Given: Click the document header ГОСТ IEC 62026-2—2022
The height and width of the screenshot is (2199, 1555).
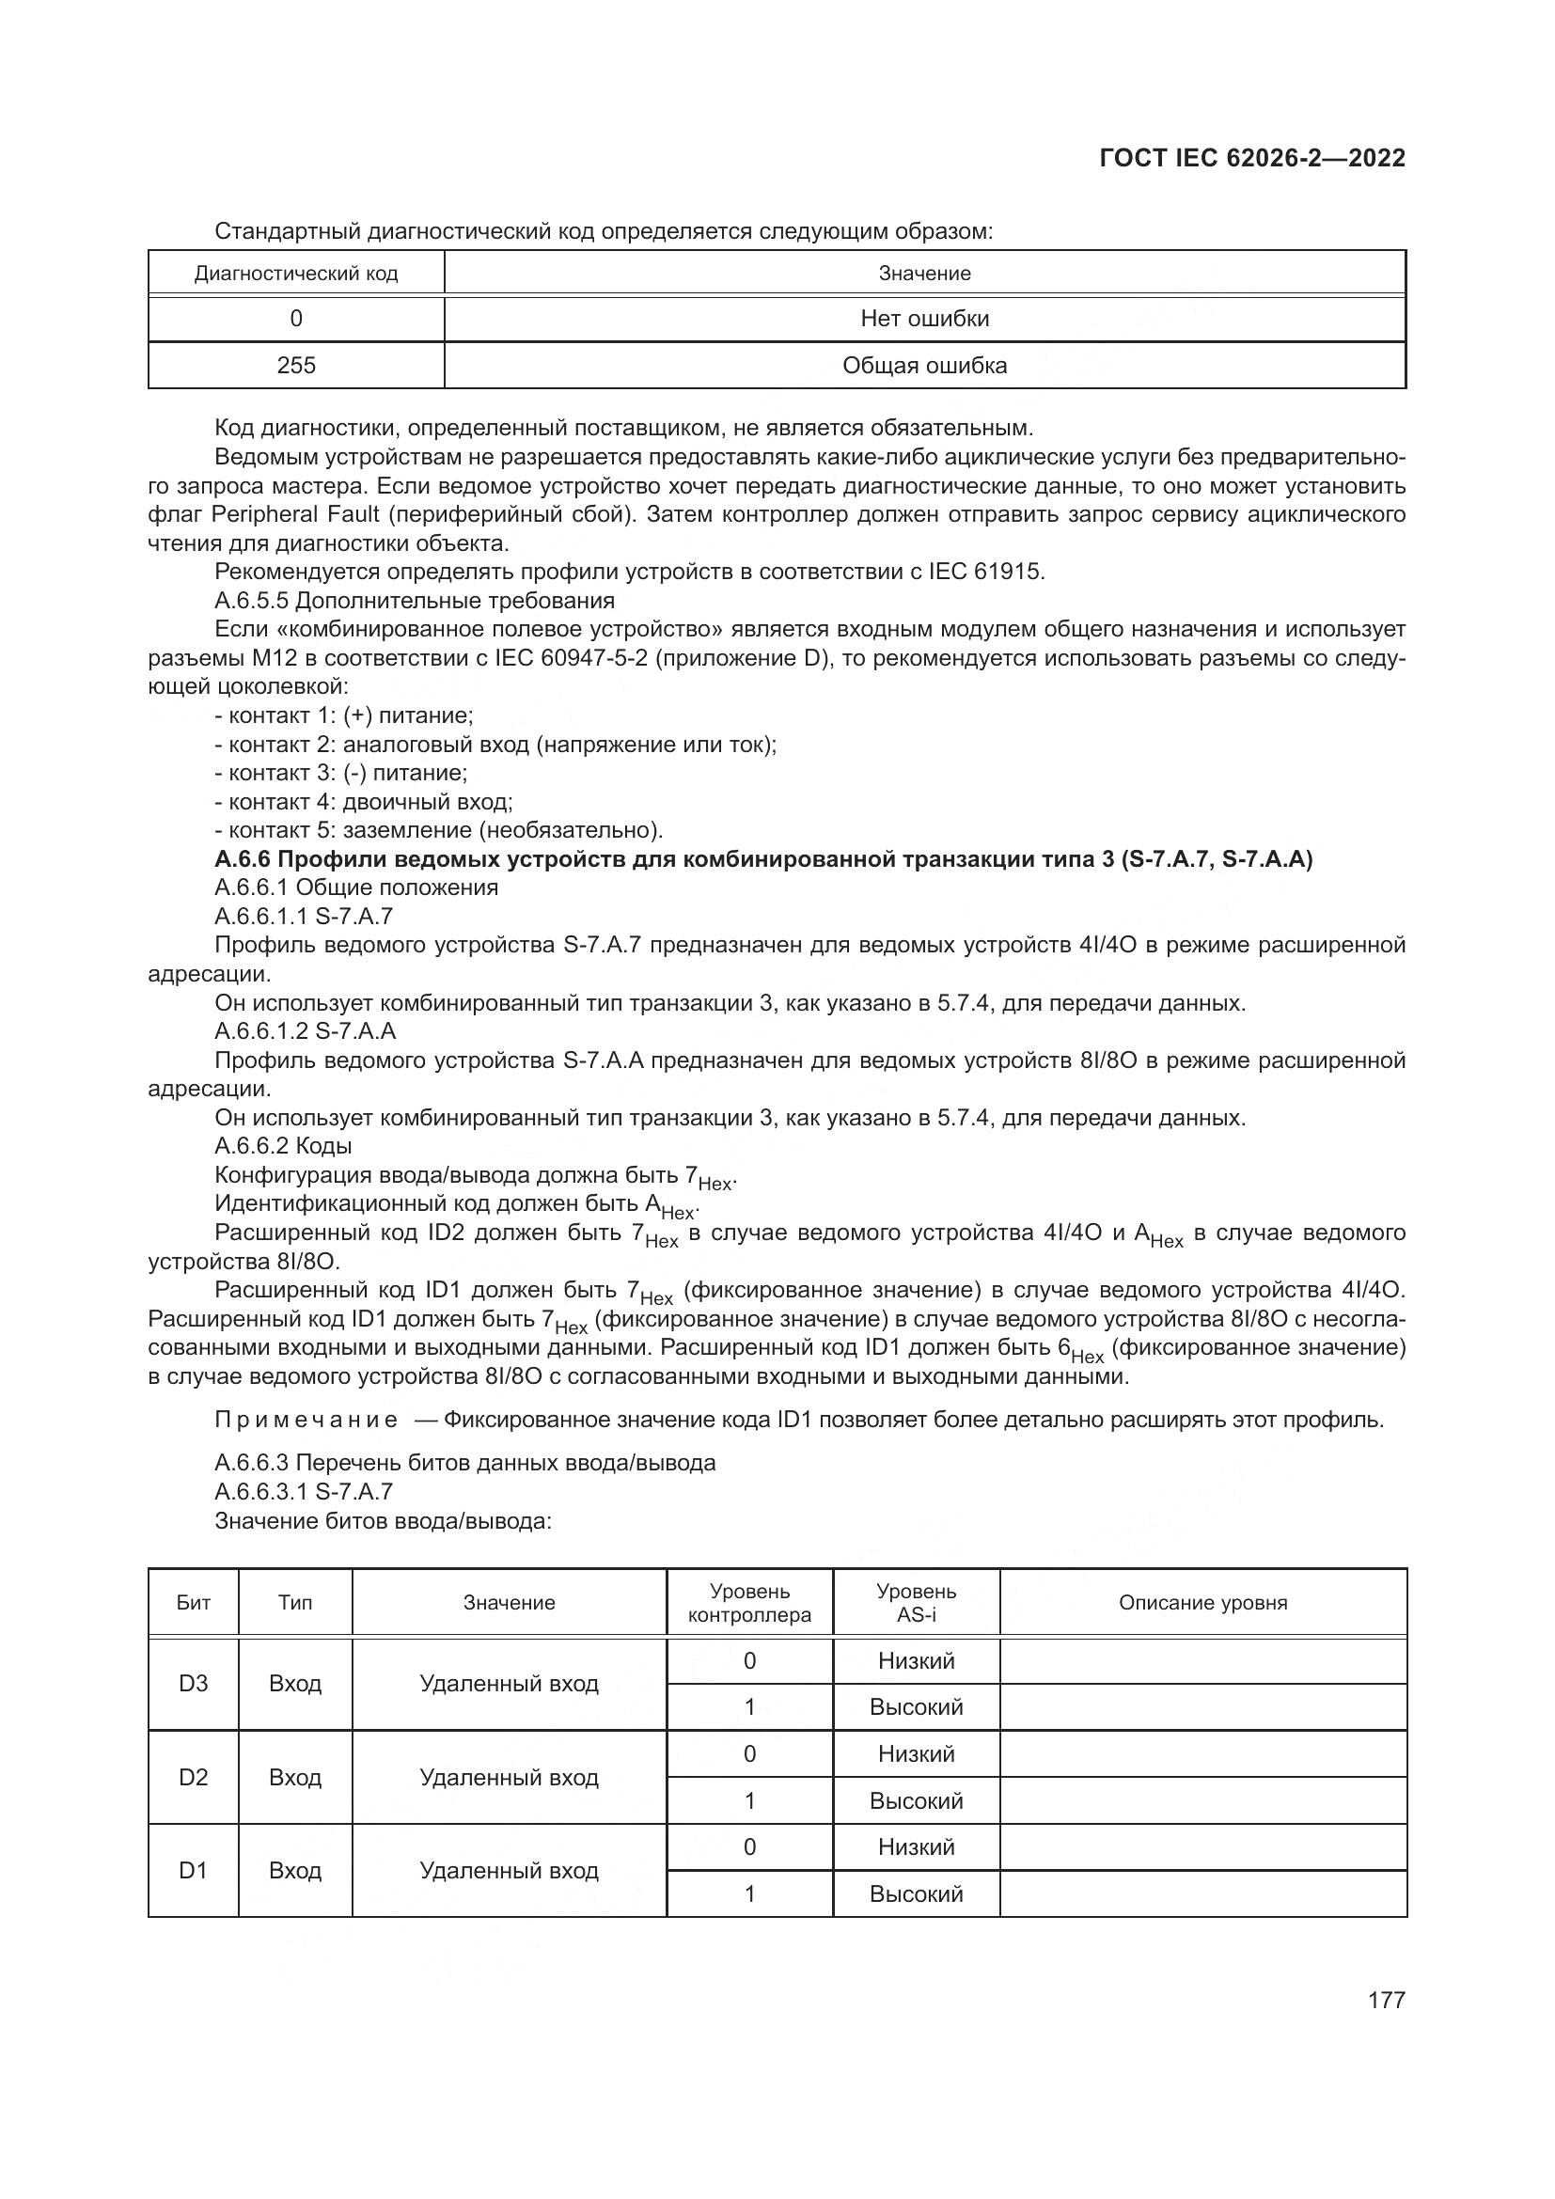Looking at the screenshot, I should tap(1251, 158).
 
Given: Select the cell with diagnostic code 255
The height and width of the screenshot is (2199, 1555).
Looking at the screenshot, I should tap(296, 365).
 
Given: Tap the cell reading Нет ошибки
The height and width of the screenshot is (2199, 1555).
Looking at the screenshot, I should tap(924, 318).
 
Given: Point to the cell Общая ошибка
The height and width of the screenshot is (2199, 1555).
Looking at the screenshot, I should tap(924, 365).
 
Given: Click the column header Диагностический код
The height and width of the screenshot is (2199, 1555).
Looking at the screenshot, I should tap(296, 273).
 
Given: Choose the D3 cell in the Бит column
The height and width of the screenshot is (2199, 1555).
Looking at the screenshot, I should tap(194, 1683).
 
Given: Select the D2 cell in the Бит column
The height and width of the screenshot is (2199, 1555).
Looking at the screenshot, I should tap(194, 1777).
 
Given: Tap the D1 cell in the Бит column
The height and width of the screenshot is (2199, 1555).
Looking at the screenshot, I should tap(194, 1870).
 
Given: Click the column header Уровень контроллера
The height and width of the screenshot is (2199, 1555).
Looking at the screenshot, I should tap(748, 1602).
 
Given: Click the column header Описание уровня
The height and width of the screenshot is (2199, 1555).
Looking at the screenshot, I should tap(1202, 1602).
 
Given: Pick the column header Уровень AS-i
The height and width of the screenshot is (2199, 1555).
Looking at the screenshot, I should tap(916, 1602).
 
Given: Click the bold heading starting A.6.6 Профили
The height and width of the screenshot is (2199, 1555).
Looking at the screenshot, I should tap(763, 858).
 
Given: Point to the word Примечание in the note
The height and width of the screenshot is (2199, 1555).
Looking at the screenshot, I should tap(306, 1420).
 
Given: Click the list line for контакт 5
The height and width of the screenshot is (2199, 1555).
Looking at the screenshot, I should tap(438, 829).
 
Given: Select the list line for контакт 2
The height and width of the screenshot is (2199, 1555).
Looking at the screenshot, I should tap(495, 745).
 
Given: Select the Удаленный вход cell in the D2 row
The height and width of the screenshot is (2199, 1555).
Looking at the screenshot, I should tap(509, 1777).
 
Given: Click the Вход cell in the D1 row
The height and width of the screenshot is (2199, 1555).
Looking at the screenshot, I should tap(295, 1870).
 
